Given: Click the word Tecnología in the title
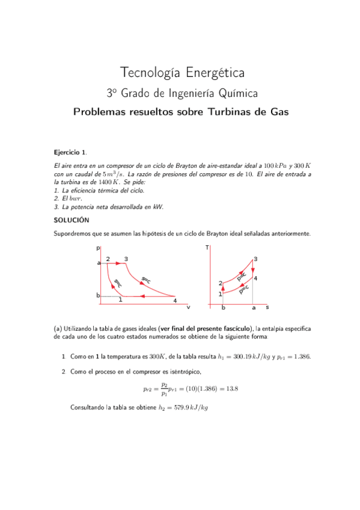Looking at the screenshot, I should (x=148, y=73).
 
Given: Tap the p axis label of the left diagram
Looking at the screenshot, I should (x=98, y=248).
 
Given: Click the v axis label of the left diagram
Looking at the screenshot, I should (x=188, y=307).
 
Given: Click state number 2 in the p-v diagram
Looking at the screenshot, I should (x=108, y=259).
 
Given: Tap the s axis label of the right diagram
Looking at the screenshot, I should (x=267, y=307).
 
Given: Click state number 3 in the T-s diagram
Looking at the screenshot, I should (x=255, y=259).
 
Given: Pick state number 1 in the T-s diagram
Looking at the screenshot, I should (x=221, y=293).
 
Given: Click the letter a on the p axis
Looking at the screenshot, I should (x=98, y=263).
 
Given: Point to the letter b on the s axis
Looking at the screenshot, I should (x=223, y=308).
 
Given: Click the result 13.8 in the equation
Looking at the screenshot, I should (x=231, y=389).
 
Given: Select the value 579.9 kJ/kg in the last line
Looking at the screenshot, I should (x=183, y=408).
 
